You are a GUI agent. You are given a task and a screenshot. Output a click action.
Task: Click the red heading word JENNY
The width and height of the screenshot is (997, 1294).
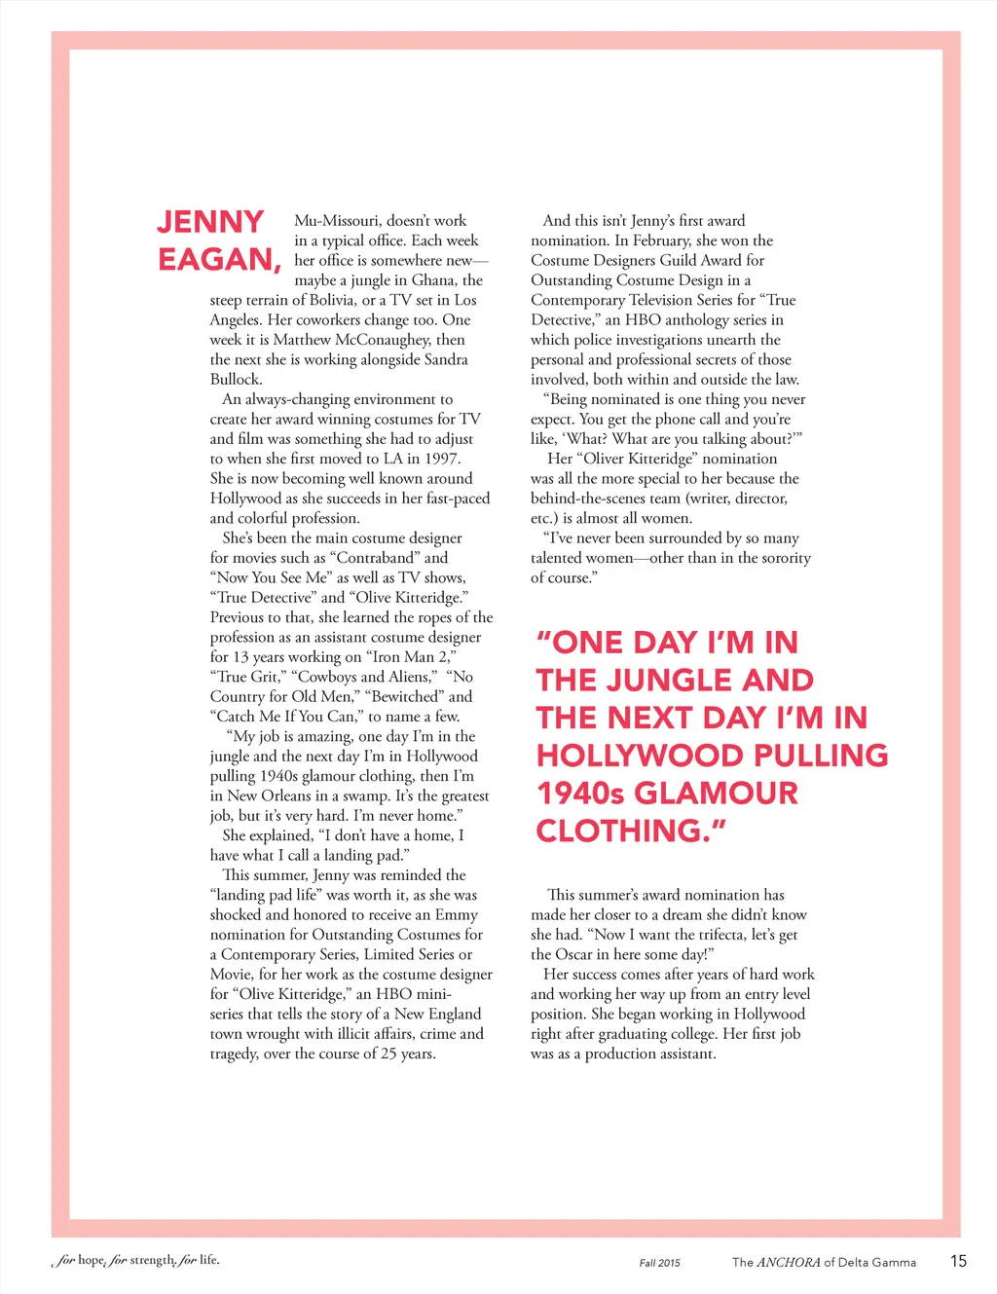(x=210, y=222)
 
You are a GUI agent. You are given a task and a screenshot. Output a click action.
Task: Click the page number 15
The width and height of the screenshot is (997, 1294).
(x=958, y=1261)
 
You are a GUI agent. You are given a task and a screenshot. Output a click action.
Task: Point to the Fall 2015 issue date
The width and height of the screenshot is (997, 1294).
(x=660, y=1263)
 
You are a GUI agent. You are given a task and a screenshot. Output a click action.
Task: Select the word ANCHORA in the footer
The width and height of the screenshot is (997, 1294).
(x=789, y=1262)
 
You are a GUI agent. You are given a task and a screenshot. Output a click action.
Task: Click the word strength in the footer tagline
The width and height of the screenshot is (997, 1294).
(x=152, y=1260)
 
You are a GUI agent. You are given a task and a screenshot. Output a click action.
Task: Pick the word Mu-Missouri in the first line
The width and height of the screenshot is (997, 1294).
(x=338, y=221)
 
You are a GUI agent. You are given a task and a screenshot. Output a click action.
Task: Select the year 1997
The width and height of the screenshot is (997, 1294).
(x=442, y=459)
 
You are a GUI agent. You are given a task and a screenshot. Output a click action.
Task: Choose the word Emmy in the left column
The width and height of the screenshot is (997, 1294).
(x=457, y=915)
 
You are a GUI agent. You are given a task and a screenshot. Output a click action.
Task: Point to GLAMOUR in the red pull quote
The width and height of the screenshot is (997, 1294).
(x=716, y=794)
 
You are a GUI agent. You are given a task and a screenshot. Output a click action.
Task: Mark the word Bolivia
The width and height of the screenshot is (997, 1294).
(x=325, y=300)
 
